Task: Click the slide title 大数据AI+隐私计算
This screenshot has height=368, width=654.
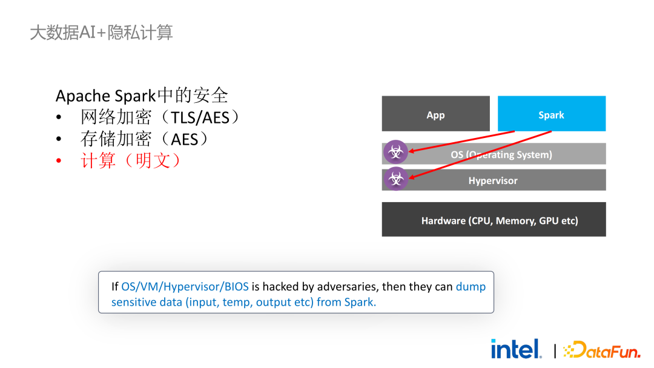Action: pos(101,33)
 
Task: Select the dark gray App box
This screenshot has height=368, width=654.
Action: pos(436,114)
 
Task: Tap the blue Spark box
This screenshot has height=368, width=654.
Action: pos(552,114)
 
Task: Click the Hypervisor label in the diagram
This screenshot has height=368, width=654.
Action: pos(492,180)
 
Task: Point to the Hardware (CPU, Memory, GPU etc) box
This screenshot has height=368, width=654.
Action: pos(494,220)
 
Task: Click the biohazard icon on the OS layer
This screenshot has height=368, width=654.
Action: pos(395,152)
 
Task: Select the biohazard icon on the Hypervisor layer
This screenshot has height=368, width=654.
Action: pos(395,179)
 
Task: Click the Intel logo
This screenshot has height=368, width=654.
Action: pos(517,349)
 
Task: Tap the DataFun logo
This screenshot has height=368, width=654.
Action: pos(602,350)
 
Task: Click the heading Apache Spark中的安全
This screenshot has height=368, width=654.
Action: pos(142,96)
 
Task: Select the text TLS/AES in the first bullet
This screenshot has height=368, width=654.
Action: pos(200,117)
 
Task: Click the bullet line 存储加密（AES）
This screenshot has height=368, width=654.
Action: pos(144,139)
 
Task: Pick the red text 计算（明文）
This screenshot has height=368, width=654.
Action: pos(130,160)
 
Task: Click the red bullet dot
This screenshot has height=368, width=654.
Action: pos(59,160)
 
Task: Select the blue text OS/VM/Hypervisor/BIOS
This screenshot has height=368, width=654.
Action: pos(185,287)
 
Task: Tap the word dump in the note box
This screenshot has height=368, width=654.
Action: pos(471,287)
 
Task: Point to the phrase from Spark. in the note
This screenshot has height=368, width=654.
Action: pos(346,302)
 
